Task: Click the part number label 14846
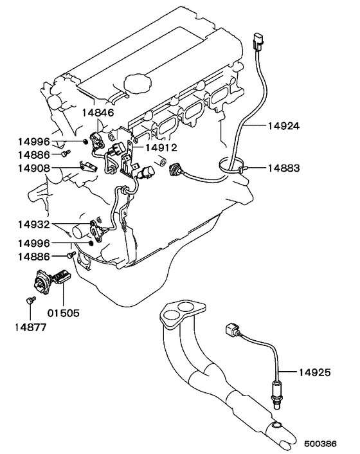point(98,113)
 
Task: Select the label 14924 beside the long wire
point(283,126)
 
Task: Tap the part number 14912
point(161,148)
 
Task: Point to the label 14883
point(283,168)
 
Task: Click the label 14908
point(34,168)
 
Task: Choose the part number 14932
point(34,224)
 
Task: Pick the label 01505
point(64,313)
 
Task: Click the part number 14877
point(30,327)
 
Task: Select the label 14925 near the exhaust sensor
point(314,372)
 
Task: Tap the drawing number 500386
point(320,444)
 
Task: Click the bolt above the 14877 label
point(30,300)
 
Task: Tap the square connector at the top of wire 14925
point(232,330)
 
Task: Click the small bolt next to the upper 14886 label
point(66,153)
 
